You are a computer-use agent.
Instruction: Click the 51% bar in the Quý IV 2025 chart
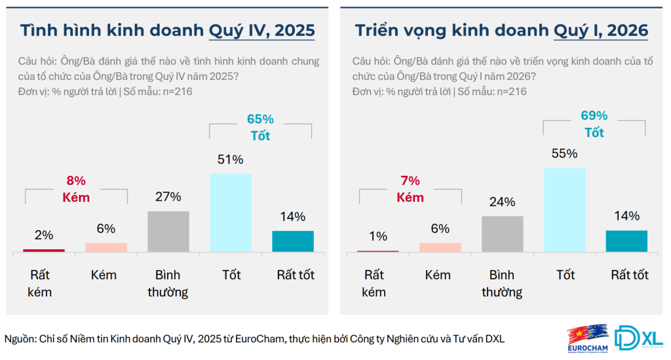(x=231, y=212)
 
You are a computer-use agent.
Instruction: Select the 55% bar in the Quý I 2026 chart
(x=565, y=210)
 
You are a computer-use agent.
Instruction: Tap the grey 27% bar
(x=168, y=231)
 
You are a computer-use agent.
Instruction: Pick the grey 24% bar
(x=503, y=233)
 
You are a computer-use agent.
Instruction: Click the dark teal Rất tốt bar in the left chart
(x=293, y=241)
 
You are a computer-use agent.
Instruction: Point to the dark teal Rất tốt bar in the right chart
(x=627, y=241)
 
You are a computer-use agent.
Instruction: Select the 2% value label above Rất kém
(x=44, y=235)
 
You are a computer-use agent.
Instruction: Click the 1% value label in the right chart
(x=378, y=236)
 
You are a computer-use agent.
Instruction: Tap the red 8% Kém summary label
(x=76, y=188)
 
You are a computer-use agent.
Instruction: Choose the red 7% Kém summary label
(x=410, y=189)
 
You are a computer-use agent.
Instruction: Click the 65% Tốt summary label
(x=260, y=128)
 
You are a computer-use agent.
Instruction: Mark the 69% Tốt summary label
(x=594, y=124)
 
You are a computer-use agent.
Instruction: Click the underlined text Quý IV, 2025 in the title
(x=261, y=31)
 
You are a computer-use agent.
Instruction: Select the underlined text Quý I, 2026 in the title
(x=601, y=31)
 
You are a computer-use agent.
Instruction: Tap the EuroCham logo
(x=588, y=339)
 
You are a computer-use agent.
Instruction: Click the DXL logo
(x=641, y=338)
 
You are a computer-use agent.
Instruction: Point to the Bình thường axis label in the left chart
(x=168, y=283)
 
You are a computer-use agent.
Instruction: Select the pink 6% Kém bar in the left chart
(x=106, y=247)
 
